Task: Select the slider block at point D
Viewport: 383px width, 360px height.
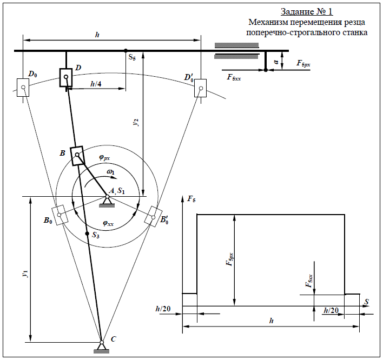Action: point(67,77)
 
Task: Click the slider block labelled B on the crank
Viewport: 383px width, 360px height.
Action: point(77,156)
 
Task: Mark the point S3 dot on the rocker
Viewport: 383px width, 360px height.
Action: point(87,234)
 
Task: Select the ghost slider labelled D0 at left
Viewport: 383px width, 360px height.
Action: point(23,87)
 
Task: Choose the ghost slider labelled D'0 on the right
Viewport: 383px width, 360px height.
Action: point(201,88)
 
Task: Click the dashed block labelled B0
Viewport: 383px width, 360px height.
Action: point(60,215)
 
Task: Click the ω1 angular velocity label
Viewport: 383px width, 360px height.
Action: point(111,172)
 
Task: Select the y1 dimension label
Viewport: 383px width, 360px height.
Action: point(25,274)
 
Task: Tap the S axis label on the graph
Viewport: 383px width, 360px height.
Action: point(366,301)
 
